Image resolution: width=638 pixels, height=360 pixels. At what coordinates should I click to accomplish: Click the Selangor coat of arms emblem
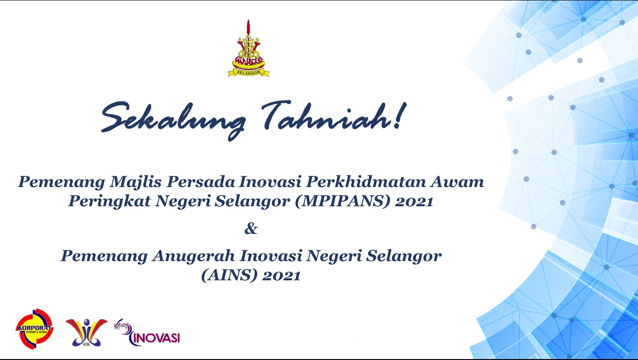pyautogui.click(x=248, y=48)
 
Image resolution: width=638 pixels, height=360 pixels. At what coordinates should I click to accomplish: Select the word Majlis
pyautogui.click(x=136, y=182)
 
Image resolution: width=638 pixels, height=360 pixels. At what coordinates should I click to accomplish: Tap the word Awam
pyautogui.click(x=457, y=182)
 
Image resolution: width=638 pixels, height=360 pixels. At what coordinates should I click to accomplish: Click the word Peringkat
pyautogui.click(x=109, y=202)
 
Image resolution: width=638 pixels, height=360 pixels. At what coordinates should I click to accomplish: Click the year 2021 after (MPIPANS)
pyautogui.click(x=414, y=202)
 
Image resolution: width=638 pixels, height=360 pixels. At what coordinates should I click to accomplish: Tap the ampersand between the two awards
pyautogui.click(x=251, y=228)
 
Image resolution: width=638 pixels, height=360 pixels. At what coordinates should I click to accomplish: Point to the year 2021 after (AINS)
pyautogui.click(x=281, y=276)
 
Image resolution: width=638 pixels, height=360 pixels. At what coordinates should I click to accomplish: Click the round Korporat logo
pyautogui.click(x=35, y=329)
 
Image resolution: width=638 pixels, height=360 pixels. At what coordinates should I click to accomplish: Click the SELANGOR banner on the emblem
pyautogui.click(x=249, y=73)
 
